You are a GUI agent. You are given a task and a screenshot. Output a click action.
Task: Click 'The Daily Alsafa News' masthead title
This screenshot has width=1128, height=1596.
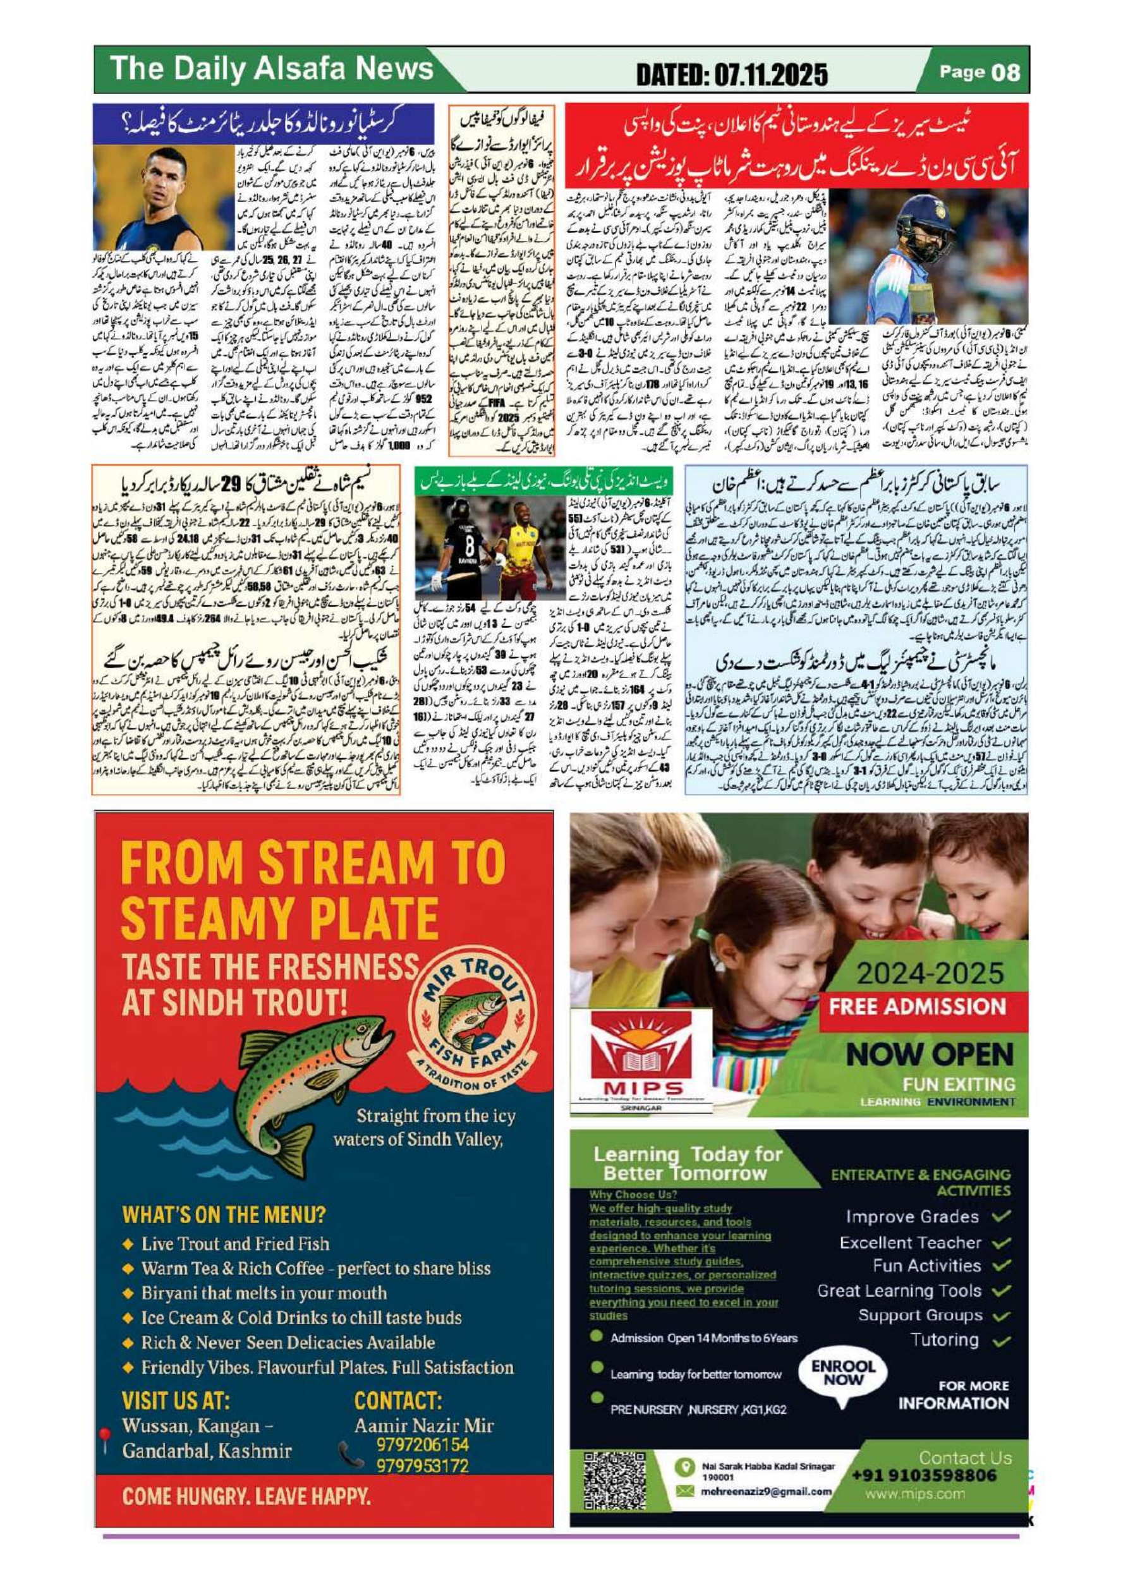coord(272,70)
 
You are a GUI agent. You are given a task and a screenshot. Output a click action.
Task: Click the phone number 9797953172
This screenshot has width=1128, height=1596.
coord(422,1465)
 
